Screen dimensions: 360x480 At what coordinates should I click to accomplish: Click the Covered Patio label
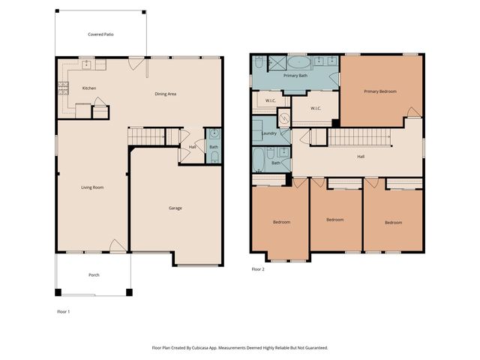[100, 34]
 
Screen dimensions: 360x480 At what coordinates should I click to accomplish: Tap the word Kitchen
[89, 88]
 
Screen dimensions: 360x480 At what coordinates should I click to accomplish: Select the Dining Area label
[165, 94]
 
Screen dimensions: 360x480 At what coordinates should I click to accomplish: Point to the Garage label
[175, 208]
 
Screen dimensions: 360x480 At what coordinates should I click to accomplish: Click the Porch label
[94, 275]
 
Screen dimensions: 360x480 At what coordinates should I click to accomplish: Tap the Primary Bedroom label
[380, 91]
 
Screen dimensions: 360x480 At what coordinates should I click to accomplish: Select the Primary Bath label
[295, 76]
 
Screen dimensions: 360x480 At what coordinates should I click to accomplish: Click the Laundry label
[268, 133]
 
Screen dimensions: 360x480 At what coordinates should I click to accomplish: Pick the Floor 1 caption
[64, 310]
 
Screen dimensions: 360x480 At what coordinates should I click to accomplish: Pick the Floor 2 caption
[258, 268]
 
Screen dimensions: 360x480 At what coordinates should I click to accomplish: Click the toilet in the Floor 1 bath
[213, 157]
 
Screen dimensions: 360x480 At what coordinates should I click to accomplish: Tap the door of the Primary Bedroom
[412, 112]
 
